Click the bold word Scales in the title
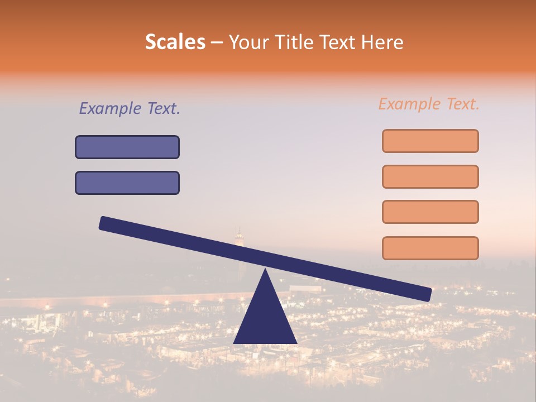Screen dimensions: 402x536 (175, 42)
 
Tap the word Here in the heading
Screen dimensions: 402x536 (382, 42)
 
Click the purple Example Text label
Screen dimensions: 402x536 (130, 108)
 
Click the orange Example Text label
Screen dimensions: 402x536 (429, 104)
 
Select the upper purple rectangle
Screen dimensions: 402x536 (127, 147)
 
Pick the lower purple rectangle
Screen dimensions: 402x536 (127, 183)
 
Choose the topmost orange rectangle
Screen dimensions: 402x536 (430, 141)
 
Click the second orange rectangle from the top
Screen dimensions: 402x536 (430, 176)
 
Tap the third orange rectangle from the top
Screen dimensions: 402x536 (430, 212)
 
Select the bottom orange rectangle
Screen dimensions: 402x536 (430, 248)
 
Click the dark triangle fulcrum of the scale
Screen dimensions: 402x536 (265, 318)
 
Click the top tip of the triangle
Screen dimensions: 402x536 (265, 270)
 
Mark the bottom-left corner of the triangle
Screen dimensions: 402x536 (234, 342)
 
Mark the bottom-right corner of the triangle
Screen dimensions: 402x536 (296, 342)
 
